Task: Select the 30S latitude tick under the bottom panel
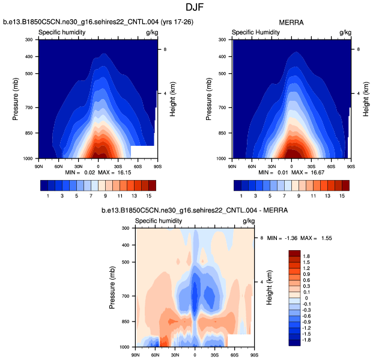(x=214, y=355)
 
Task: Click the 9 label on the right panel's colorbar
(x=292, y=196)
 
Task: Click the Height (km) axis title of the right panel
(x=365, y=99)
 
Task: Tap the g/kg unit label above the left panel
(x=151, y=32)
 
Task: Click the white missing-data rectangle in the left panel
(x=142, y=154)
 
